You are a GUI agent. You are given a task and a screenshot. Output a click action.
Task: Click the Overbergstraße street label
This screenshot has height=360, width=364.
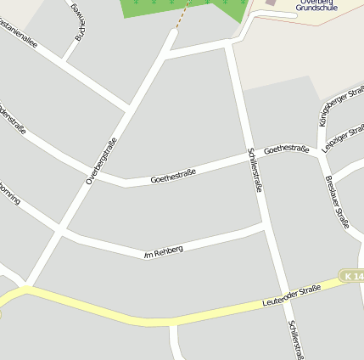pyautogui.click(x=101, y=160)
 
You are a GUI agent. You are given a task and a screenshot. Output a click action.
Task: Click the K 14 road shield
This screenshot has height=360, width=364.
pyautogui.click(x=351, y=277)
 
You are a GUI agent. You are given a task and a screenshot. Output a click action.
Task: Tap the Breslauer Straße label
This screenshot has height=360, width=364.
pyautogui.click(x=337, y=202)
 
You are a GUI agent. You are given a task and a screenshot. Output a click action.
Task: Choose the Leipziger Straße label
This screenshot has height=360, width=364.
pyautogui.click(x=343, y=137)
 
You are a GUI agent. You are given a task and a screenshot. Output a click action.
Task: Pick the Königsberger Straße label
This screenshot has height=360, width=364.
pyautogui.click(x=341, y=105)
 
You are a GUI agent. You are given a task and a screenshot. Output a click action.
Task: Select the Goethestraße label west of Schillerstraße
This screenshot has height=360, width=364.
pyautogui.click(x=173, y=177)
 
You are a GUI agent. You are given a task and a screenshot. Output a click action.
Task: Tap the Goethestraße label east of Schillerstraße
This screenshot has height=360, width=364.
pyautogui.click(x=287, y=149)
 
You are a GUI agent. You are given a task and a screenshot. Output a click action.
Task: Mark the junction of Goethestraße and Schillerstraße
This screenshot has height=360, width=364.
pyautogui.click(x=249, y=156)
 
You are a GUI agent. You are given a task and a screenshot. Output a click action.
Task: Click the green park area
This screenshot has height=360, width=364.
pyautogui.click(x=182, y=8)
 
